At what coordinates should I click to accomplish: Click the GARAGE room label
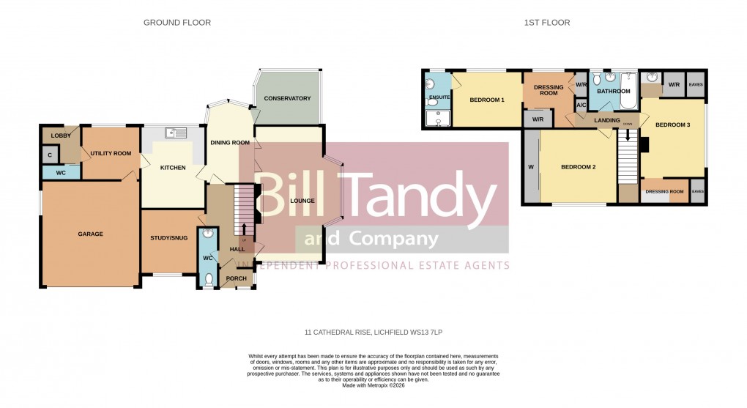91,234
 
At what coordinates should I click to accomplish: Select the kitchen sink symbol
176,133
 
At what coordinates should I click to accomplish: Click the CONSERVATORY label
287,98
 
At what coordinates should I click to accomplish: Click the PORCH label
237,278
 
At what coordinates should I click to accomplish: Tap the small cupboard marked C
50,155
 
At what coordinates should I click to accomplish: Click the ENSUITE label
438,97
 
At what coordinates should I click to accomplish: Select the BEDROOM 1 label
487,100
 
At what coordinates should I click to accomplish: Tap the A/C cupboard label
581,105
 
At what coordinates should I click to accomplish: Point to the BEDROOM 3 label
672,125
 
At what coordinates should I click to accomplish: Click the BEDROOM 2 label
578,168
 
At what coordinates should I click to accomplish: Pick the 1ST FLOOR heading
546,23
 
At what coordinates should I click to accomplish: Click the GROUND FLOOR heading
177,23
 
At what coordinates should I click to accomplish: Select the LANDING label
607,121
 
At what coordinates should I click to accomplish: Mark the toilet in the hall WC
209,278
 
